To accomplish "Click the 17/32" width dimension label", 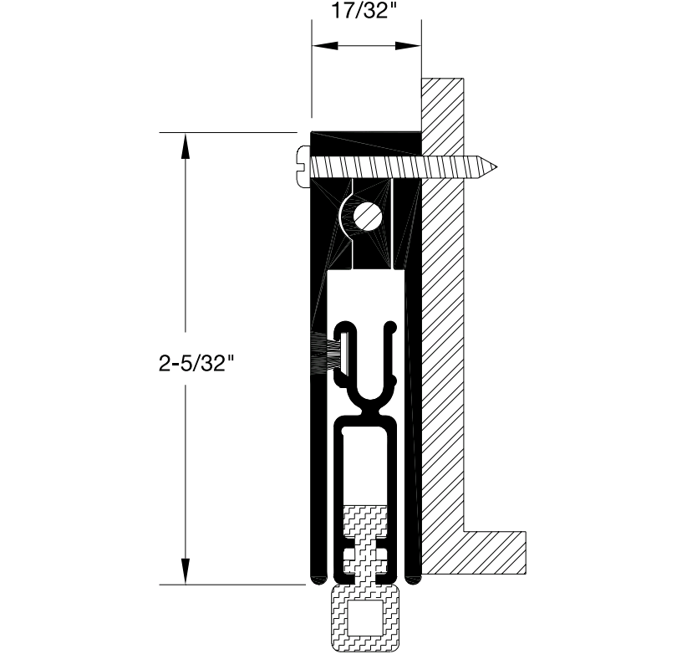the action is pyautogui.click(x=360, y=11).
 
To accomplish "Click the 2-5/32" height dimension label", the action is pyautogui.click(x=196, y=364).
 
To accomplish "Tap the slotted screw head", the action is pyautogui.click(x=303, y=166).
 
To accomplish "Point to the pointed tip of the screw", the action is pyautogui.click(x=496, y=167).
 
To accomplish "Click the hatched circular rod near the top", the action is pyautogui.click(x=368, y=217).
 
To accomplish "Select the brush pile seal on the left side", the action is pyautogui.click(x=327, y=353).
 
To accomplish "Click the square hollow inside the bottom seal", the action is pyautogui.click(x=364, y=617).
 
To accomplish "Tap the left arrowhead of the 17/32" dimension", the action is pyautogui.click(x=325, y=45).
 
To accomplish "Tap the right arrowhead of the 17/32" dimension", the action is pyautogui.click(x=408, y=45).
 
